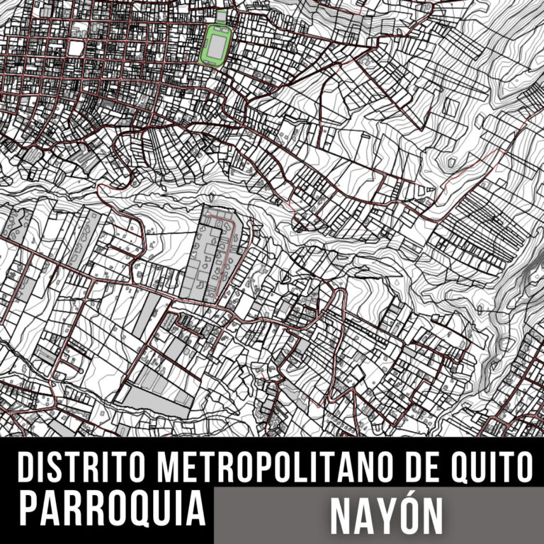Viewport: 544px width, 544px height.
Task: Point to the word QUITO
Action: coord(489,468)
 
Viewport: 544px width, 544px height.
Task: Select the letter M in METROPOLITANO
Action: coord(168,468)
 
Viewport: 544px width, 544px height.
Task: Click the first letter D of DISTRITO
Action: coord(27,468)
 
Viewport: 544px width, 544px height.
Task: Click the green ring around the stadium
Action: coord(204,46)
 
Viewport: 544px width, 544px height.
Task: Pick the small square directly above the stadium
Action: coord(222,16)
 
